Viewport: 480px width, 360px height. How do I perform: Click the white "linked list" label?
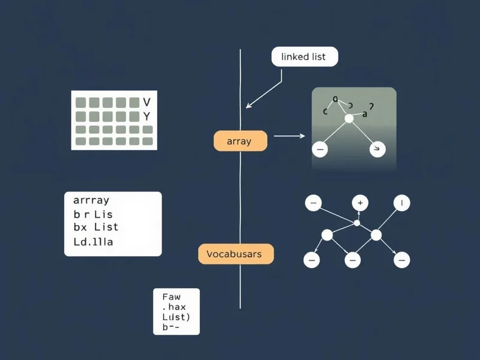pos(305,57)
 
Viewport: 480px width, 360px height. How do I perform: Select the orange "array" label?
pos(240,142)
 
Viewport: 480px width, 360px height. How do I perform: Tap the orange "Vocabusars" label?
pos(235,254)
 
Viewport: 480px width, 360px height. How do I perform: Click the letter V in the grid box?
pos(147,102)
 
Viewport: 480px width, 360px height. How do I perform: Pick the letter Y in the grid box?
pos(147,115)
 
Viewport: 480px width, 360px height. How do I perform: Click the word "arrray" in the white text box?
pos(91,200)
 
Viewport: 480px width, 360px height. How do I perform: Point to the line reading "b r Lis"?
pos(92,214)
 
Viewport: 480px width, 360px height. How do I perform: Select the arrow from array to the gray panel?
pos(289,136)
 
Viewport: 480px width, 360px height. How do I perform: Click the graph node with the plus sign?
pos(360,203)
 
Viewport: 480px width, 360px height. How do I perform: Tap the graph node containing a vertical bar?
pos(401,203)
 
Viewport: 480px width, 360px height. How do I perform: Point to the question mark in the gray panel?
pos(371,106)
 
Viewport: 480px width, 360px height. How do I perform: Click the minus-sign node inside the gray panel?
pos(320,149)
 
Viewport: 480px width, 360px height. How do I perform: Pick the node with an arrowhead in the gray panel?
pos(377,148)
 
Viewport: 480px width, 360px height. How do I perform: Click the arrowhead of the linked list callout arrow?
pos(248,107)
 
